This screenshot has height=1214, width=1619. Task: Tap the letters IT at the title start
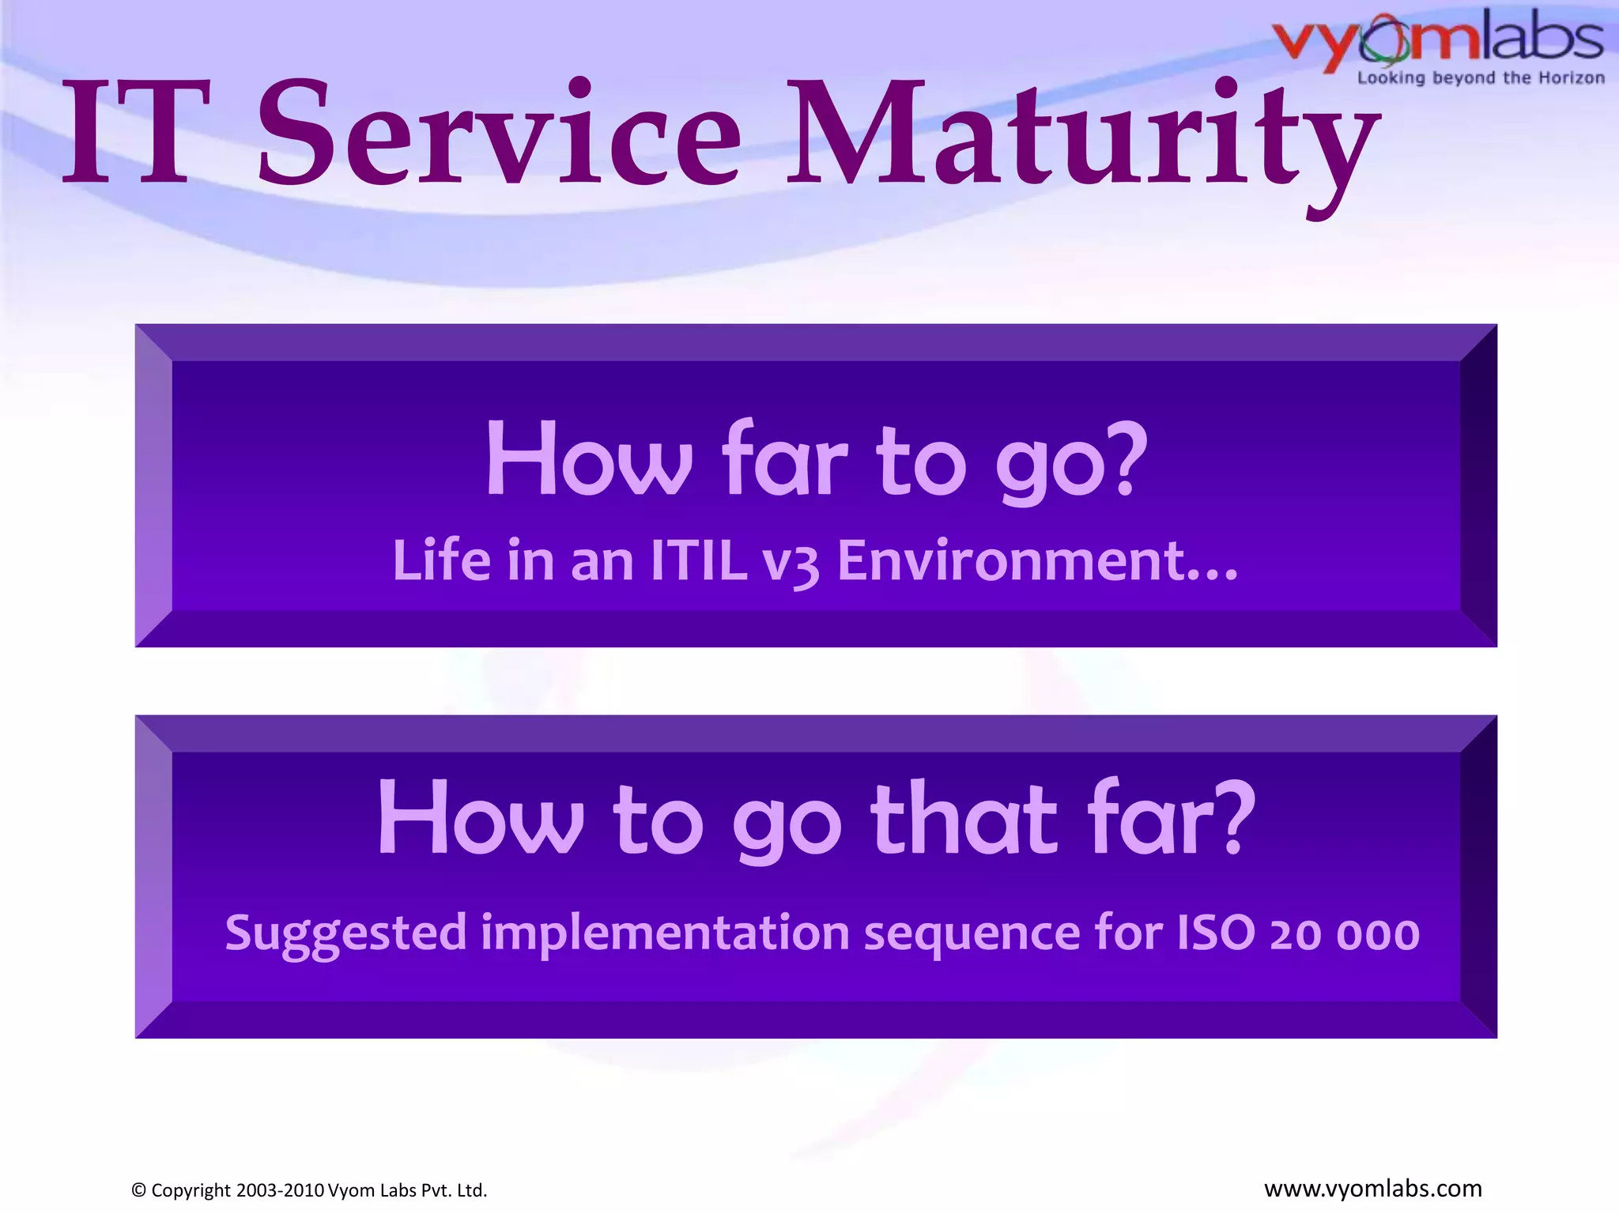click(139, 134)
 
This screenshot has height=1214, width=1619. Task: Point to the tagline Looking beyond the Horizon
click(1481, 78)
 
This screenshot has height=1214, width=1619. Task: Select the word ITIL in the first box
click(699, 561)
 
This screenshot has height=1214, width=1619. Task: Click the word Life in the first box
click(442, 561)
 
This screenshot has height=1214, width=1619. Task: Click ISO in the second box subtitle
click(1216, 933)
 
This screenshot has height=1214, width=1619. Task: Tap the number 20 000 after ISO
click(1345, 934)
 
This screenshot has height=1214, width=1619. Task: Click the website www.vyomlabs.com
click(1372, 1189)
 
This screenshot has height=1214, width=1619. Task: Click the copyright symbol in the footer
click(139, 1190)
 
